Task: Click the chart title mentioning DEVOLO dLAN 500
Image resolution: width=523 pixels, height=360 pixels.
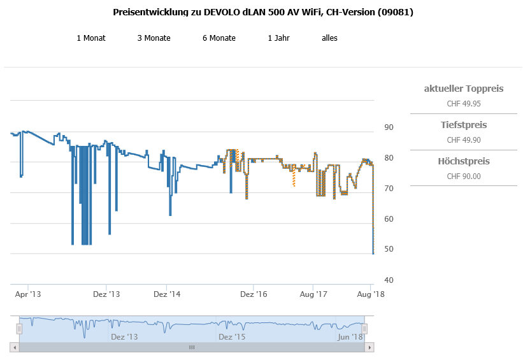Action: pos(263,12)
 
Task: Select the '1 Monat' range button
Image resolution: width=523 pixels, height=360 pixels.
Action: pos(91,38)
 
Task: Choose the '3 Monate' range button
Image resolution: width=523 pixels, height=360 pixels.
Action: pos(154,38)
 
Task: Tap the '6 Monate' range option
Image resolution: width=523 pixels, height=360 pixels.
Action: pos(219,38)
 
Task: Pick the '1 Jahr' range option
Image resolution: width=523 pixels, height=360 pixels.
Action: pos(279,38)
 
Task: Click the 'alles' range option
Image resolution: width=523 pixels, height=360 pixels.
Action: pos(329,38)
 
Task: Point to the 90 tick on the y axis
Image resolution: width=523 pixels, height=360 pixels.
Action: pos(389,127)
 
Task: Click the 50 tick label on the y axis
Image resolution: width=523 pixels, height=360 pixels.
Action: pos(389,250)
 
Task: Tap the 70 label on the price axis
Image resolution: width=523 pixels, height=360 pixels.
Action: pos(389,189)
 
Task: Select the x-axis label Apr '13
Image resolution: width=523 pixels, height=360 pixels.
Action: pos(28,294)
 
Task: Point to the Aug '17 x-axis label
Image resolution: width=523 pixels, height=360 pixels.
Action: pos(313,294)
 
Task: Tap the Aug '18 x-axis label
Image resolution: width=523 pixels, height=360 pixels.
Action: pos(370,294)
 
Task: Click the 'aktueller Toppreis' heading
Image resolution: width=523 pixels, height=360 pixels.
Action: pos(464,89)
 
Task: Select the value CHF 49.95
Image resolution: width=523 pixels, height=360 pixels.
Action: pos(464,103)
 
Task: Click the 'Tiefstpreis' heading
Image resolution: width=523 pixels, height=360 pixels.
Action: pos(464,125)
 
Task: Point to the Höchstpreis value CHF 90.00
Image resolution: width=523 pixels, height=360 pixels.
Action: pos(464,176)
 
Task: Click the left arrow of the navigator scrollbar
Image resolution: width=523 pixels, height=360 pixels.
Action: pos(15,347)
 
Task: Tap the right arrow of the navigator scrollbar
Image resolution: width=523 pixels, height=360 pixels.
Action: pos(369,347)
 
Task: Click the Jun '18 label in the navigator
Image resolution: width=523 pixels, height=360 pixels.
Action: pos(350,336)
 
